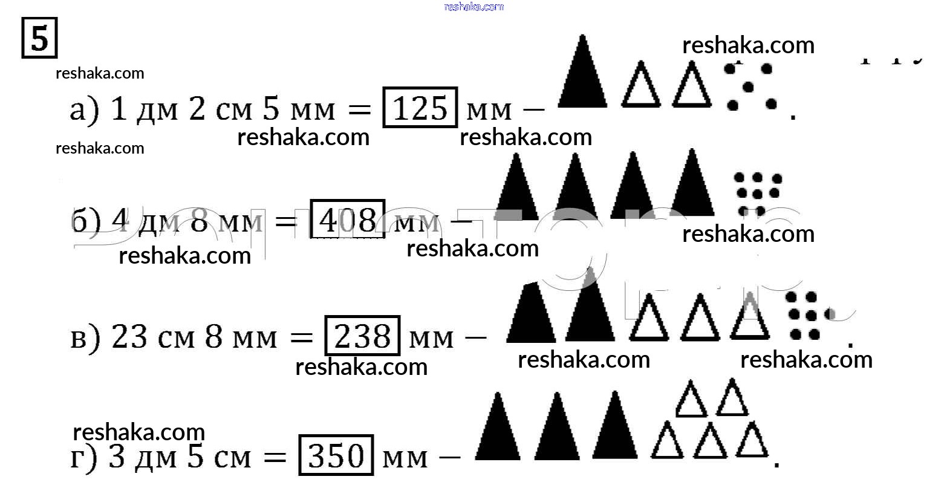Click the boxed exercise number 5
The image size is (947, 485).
[39, 39]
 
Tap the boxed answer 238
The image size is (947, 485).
[362, 336]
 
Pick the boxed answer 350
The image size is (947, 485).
[336, 455]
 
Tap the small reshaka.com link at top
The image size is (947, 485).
[473, 7]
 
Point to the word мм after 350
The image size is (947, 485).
[405, 458]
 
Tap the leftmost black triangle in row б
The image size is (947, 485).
[515, 187]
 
